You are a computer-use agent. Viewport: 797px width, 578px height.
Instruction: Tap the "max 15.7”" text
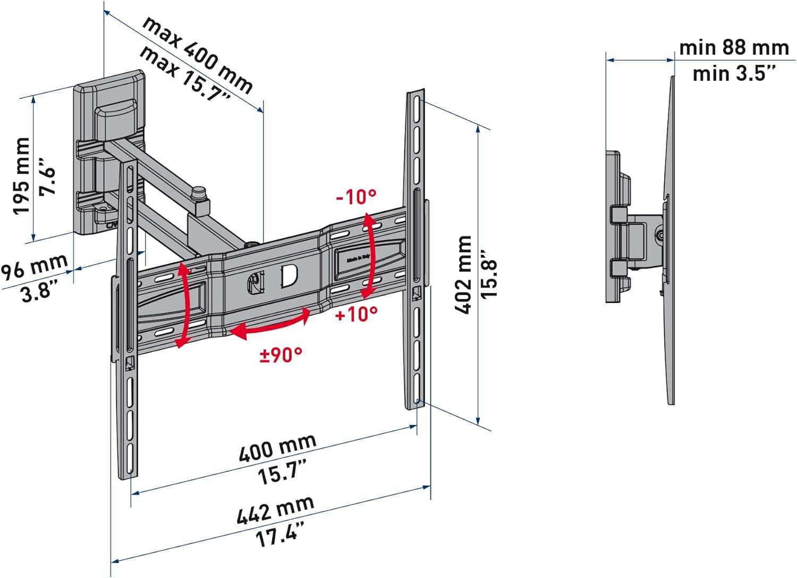point(185,74)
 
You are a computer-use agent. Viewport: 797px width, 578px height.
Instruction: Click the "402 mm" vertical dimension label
point(463,275)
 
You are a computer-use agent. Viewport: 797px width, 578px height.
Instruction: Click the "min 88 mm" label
point(734,48)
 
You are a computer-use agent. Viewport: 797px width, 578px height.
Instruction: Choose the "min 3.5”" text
point(734,73)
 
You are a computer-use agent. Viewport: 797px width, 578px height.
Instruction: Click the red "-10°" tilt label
point(356,197)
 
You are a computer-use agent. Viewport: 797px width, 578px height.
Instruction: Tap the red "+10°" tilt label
point(357,314)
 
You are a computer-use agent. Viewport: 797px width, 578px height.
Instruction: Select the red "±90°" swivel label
point(281,355)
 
